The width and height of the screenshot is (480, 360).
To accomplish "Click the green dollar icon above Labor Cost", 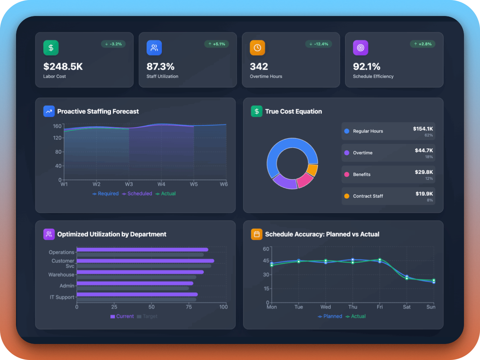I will [x=51, y=48].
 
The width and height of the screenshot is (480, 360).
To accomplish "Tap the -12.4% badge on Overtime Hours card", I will [x=319, y=44].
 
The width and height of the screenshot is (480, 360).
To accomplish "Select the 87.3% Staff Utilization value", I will [x=160, y=66].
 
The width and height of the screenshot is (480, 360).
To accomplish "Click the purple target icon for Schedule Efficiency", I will [x=360, y=48].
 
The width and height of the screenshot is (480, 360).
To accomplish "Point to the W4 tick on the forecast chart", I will [x=161, y=184].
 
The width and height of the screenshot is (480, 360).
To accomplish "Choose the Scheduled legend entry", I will [x=137, y=194].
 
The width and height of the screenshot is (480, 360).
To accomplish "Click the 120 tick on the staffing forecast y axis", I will [x=58, y=138].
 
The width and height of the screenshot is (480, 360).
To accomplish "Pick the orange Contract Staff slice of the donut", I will [x=312, y=170].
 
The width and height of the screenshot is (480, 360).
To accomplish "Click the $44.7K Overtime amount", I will [x=424, y=151].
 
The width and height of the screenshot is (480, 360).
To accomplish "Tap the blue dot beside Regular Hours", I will [x=347, y=131].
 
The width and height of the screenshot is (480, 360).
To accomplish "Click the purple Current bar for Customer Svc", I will [x=145, y=261].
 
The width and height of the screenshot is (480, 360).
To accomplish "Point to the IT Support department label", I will [x=62, y=297].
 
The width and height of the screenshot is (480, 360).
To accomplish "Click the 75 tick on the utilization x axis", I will [x=188, y=307].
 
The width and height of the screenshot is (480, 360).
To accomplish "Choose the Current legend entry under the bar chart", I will [x=122, y=317].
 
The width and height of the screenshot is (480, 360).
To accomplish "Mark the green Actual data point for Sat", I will [x=407, y=278].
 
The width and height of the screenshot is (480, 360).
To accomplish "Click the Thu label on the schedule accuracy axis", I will [x=353, y=307].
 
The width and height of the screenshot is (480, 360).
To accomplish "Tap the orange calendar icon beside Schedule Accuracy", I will [x=256, y=234].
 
